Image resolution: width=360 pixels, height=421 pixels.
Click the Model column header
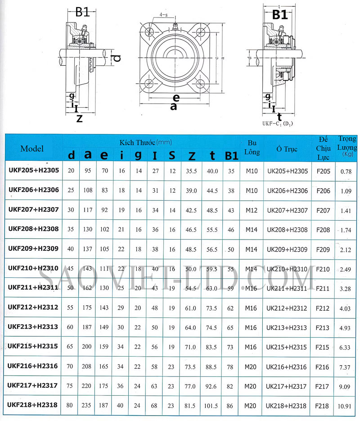click(32, 149)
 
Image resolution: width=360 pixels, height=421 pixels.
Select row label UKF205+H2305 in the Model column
click(33, 171)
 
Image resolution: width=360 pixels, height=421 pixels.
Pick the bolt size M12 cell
click(252, 210)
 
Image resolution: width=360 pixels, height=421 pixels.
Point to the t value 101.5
click(212, 406)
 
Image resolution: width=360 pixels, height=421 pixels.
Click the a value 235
click(88, 406)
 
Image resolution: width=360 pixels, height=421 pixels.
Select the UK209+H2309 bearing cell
click(287, 249)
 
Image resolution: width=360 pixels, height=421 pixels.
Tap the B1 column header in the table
click(231, 155)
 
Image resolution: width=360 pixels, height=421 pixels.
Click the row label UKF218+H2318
click(33, 405)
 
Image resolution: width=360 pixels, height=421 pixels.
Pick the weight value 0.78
click(346, 171)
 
